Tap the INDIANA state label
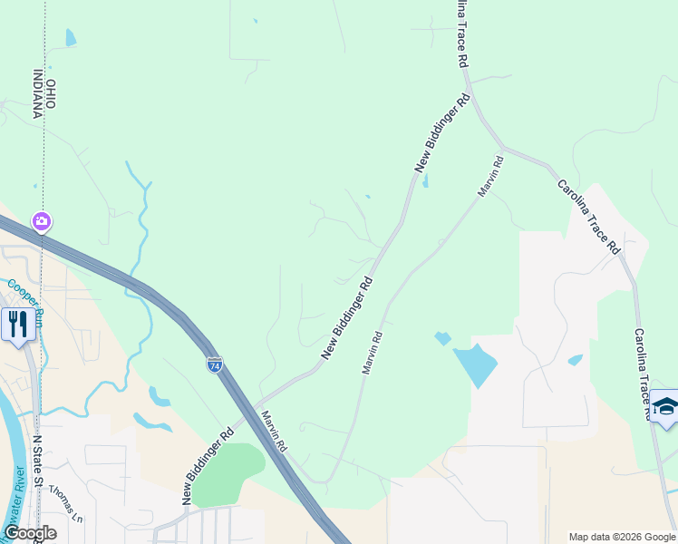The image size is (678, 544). point(39,94)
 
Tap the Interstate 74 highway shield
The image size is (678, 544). point(214,364)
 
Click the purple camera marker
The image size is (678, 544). point(41,221)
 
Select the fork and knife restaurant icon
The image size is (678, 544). point(18,323)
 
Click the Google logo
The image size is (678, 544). point(29,533)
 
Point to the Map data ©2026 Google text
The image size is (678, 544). point(622,537)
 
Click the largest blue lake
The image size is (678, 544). point(474,365)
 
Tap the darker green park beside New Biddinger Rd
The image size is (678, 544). point(228,473)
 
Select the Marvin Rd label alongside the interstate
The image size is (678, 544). point(275,433)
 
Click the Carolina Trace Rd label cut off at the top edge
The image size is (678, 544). point(462,33)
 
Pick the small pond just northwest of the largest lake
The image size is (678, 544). point(442,338)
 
